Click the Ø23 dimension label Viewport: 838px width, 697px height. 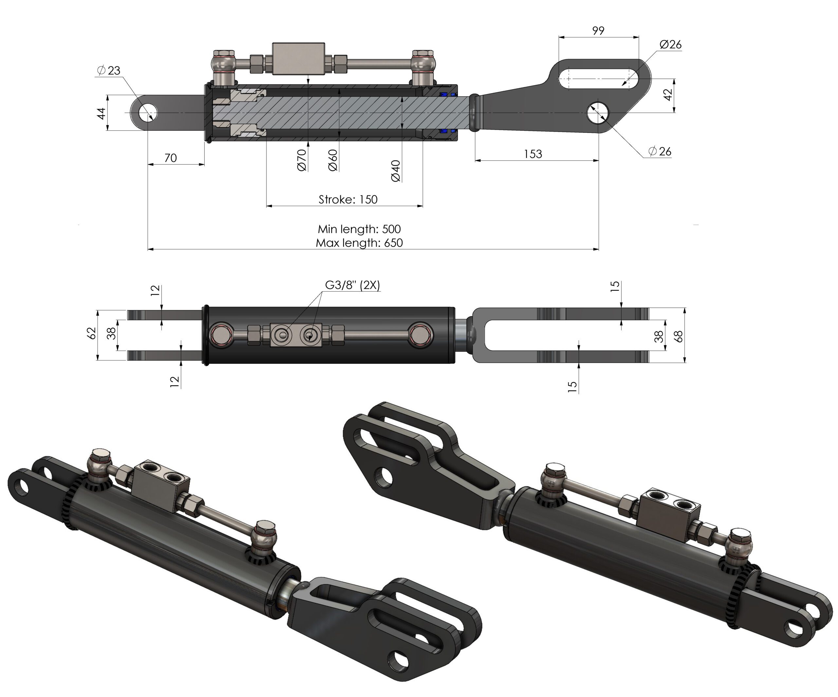click(x=109, y=71)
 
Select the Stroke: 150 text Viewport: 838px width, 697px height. click(x=348, y=199)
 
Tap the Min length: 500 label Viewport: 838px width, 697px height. click(x=359, y=229)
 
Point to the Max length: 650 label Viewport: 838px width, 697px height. click(x=359, y=243)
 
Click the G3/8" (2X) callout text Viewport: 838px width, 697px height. click(x=352, y=285)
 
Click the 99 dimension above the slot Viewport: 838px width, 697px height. click(x=598, y=31)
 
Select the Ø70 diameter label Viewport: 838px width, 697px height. click(x=302, y=160)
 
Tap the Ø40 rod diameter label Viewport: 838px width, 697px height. click(x=396, y=171)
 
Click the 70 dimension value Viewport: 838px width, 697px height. click(x=171, y=158)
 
